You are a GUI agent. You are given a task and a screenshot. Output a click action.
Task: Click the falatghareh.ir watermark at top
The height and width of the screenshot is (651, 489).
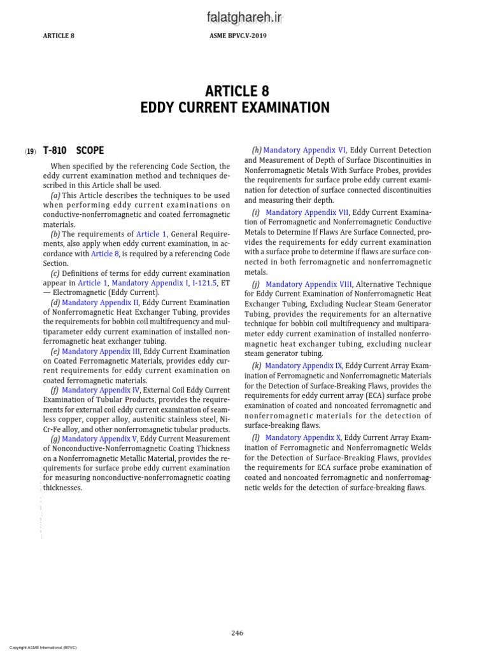244,19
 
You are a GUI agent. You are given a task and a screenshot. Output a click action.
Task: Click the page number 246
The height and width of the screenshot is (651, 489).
237,633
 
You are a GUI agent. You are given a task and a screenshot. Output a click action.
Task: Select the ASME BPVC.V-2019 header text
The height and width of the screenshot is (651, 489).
238,36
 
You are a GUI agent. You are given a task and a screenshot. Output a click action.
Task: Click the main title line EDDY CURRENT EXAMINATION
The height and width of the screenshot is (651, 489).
235,107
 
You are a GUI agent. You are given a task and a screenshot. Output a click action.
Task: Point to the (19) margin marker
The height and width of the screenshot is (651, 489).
31,152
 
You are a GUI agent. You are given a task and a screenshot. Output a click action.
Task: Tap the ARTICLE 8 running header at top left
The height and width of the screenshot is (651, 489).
59,36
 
